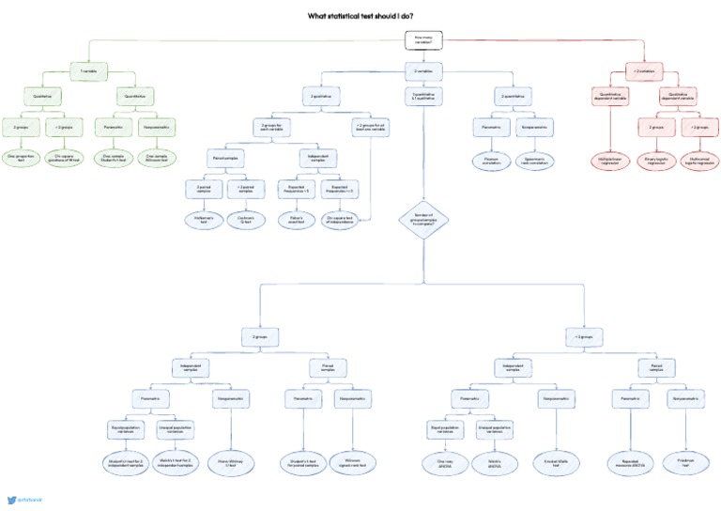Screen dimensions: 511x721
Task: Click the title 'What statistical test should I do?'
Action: coord(360,16)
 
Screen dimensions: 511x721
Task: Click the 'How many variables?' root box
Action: coord(424,39)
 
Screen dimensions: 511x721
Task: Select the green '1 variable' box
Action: coord(89,70)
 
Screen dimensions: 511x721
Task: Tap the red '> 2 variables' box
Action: coord(645,70)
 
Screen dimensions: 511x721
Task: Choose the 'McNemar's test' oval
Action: coord(205,220)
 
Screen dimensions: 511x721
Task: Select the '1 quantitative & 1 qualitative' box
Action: coord(424,97)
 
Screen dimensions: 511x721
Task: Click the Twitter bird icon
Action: coord(11,500)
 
